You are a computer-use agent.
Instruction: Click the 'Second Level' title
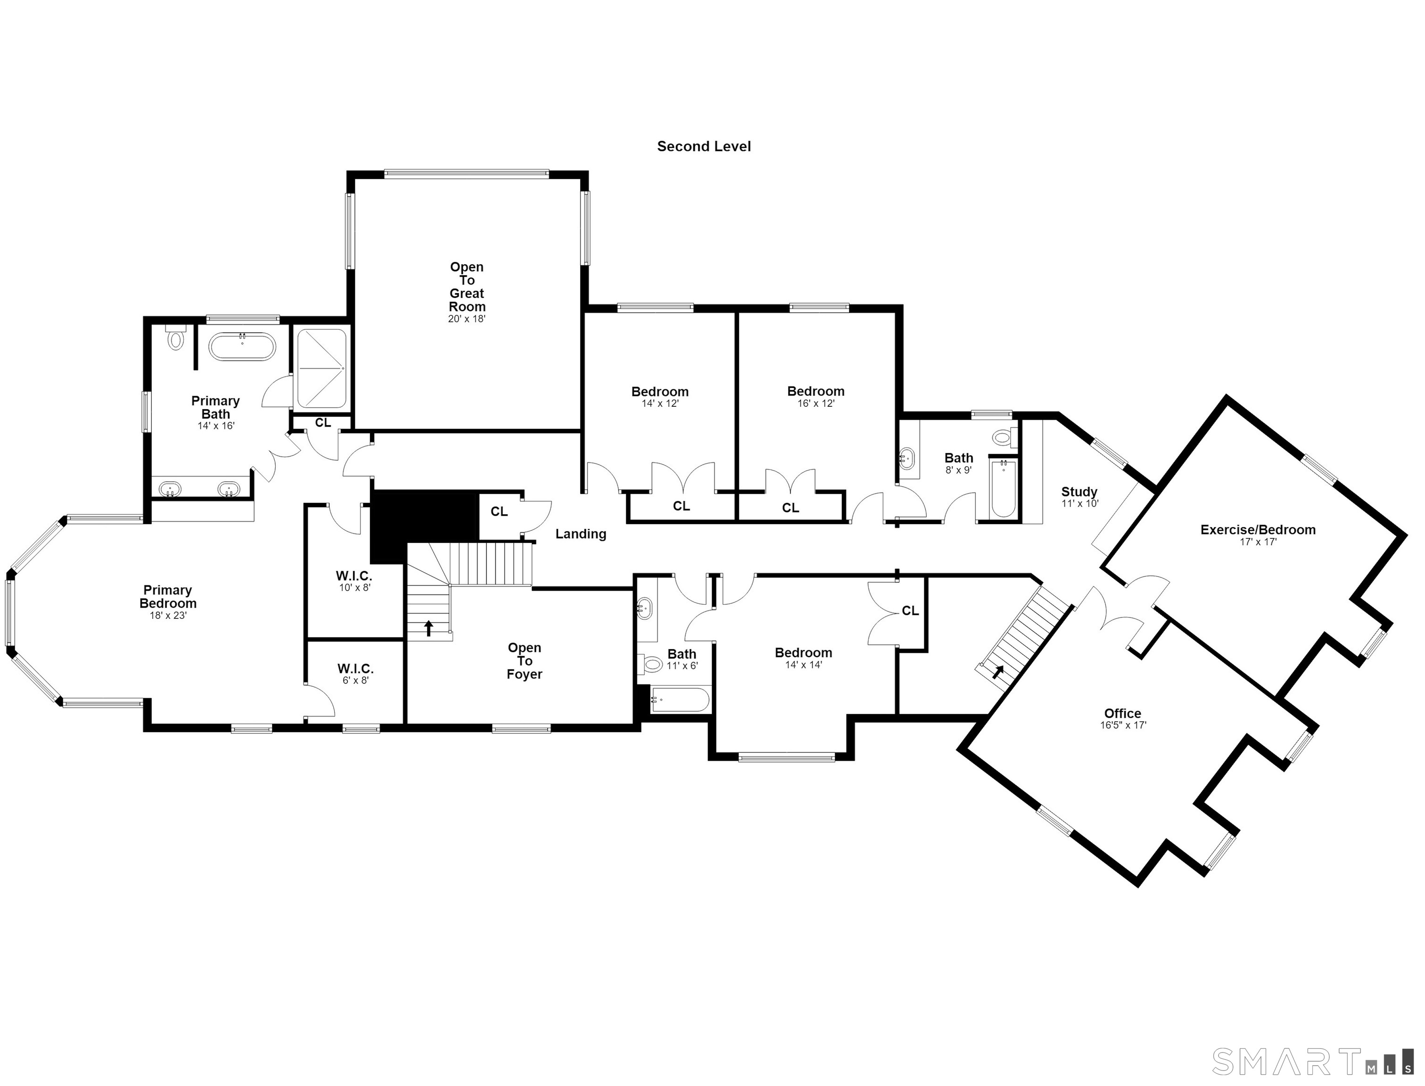click(703, 147)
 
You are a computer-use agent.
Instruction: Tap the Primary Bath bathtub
click(242, 346)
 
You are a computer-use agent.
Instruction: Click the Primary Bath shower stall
click(321, 369)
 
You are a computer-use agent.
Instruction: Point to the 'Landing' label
click(581, 534)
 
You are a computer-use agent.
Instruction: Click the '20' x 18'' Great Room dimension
click(466, 319)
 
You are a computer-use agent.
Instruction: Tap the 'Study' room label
click(1079, 492)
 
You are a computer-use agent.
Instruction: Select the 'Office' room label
click(1122, 714)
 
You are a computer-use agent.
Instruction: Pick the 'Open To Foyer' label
click(524, 661)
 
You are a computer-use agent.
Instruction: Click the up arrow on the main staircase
click(428, 628)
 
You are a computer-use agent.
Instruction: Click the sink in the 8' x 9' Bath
click(908, 458)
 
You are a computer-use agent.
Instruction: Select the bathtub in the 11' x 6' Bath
click(680, 699)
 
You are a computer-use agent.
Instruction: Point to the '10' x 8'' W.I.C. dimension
click(354, 588)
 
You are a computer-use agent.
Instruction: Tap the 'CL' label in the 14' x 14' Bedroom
click(910, 611)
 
